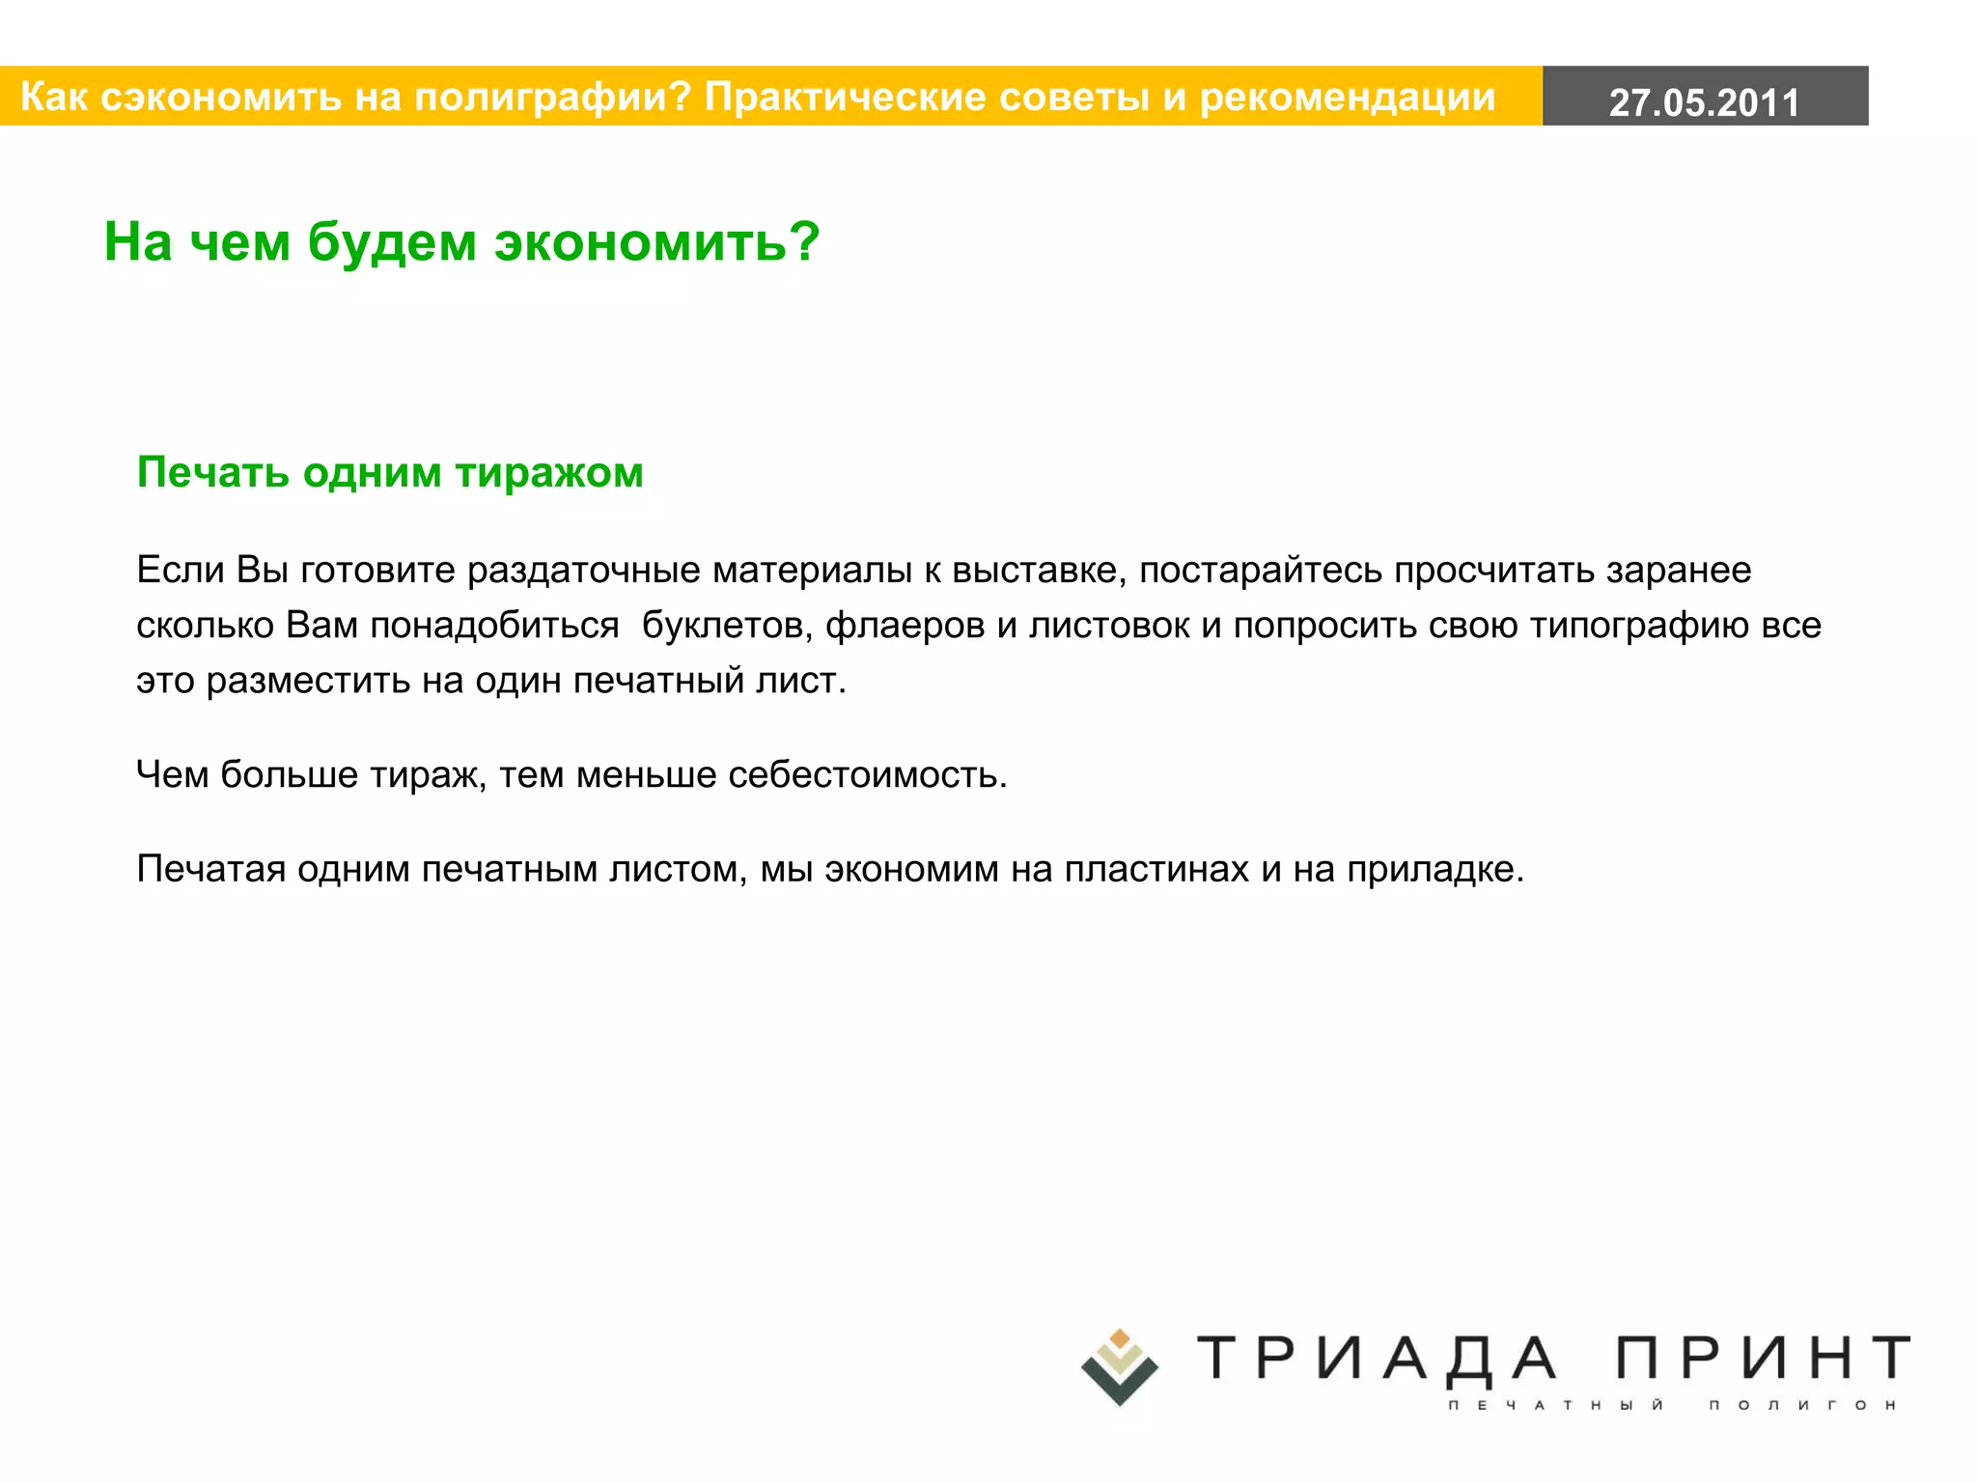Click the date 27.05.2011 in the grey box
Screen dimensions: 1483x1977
[x=1704, y=102]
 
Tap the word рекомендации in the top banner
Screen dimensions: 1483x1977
[x=1347, y=97]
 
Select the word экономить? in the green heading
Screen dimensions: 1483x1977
[x=656, y=241]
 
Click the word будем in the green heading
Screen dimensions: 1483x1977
[x=391, y=241]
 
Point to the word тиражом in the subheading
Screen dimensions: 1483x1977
[x=549, y=473]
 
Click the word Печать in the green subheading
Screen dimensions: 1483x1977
[x=213, y=473]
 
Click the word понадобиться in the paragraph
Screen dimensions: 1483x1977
[x=494, y=626]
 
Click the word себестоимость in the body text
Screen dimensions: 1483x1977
[x=866, y=774]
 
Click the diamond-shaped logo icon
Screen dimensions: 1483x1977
[x=1119, y=1367]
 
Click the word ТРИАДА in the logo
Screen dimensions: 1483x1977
[x=1377, y=1358]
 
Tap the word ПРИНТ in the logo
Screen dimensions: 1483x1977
[x=1762, y=1358]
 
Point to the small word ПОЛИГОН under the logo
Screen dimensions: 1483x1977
[x=1801, y=1405]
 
